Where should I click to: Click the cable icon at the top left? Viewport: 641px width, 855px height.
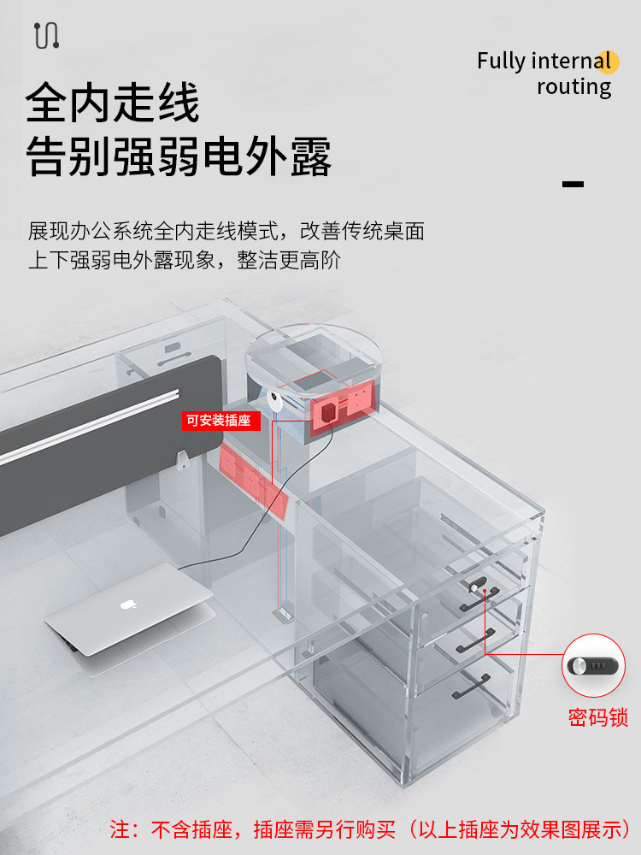(46, 35)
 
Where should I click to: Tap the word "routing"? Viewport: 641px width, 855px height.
(573, 87)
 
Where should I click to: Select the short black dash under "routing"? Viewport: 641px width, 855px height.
(573, 184)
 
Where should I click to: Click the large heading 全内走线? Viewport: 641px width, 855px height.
(113, 103)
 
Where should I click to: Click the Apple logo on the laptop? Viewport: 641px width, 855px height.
(128, 604)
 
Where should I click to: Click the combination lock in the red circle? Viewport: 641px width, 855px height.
(593, 664)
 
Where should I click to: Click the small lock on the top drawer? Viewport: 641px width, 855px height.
(474, 587)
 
